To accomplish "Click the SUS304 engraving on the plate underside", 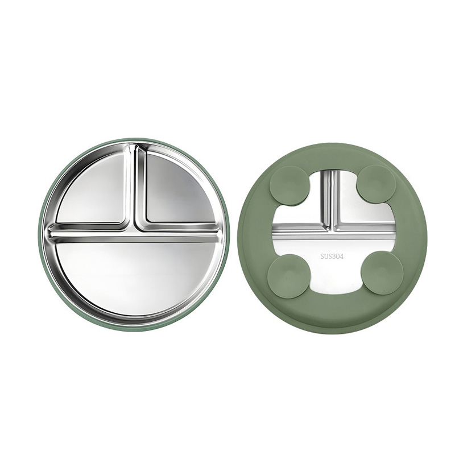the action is tap(332, 257).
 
